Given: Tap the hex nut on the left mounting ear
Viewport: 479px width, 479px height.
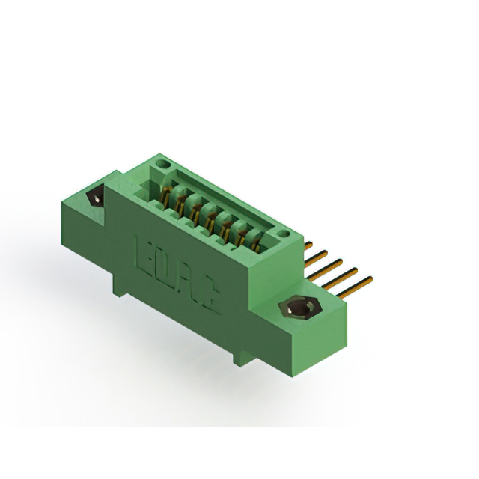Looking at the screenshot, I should [97, 198].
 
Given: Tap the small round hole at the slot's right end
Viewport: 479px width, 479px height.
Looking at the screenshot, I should [282, 237].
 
